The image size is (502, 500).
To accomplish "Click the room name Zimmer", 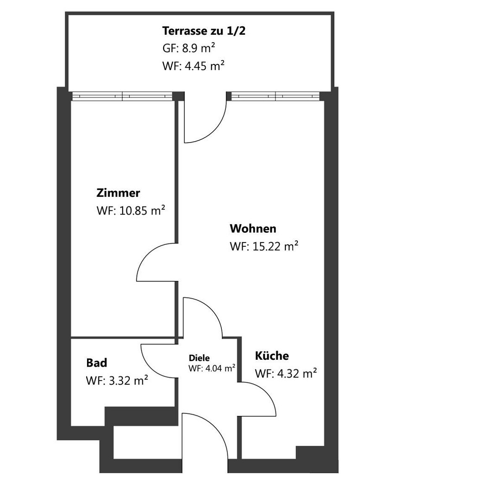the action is pos(118,193).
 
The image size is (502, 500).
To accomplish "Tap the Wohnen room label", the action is pos(253,228).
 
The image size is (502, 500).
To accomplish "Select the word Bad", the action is pos(97,362).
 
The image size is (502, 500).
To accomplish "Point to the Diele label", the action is pos(199,358).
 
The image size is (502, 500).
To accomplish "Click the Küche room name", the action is pos(272,356).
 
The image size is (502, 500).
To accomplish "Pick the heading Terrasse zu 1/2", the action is pos(204,31).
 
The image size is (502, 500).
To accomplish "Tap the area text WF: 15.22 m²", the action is pos(264,246).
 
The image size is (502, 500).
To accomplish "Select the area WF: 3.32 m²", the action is pos(117,381).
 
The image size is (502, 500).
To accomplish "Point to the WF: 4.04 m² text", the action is pos(212,368).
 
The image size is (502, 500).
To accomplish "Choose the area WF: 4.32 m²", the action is pos(286,373).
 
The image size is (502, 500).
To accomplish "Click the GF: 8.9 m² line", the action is pos(188,48).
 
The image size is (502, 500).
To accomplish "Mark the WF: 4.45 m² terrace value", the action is pos(194,66).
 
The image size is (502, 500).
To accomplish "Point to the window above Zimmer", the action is pos(122,96).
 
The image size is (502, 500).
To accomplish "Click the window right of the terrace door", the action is pos(276,96).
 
